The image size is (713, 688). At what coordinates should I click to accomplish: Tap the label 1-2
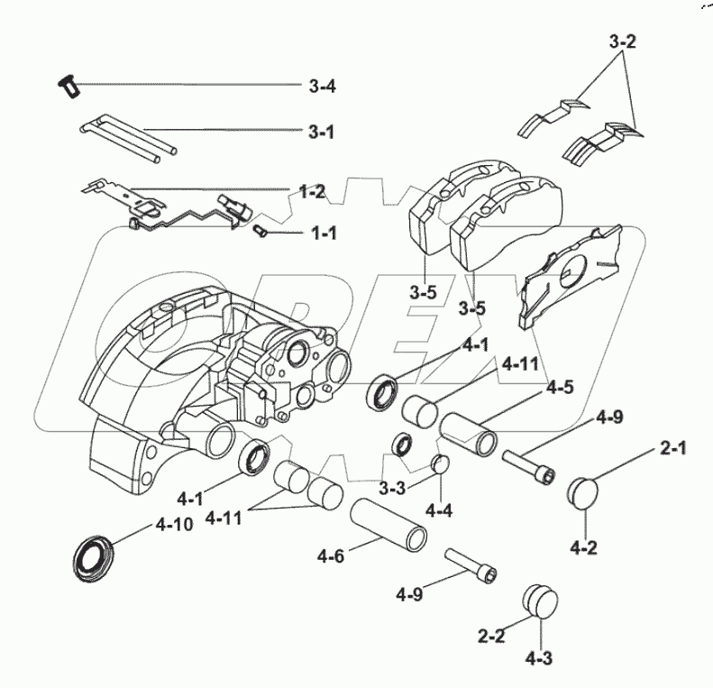(312, 190)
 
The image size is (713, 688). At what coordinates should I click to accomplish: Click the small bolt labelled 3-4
(65, 87)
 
